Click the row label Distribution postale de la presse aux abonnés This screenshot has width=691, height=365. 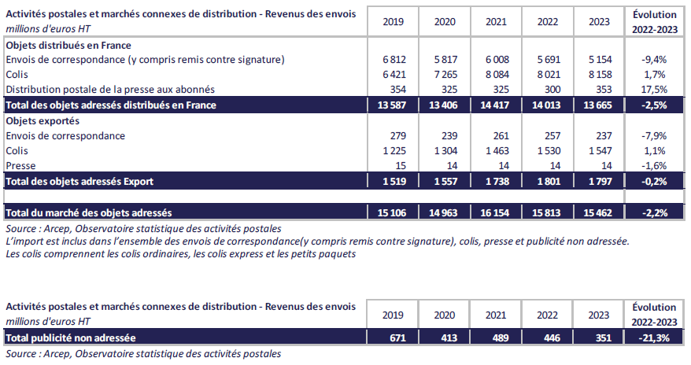[x=110, y=90]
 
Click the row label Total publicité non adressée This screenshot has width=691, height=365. [x=71, y=338]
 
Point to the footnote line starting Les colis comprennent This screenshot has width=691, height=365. [x=180, y=255]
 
